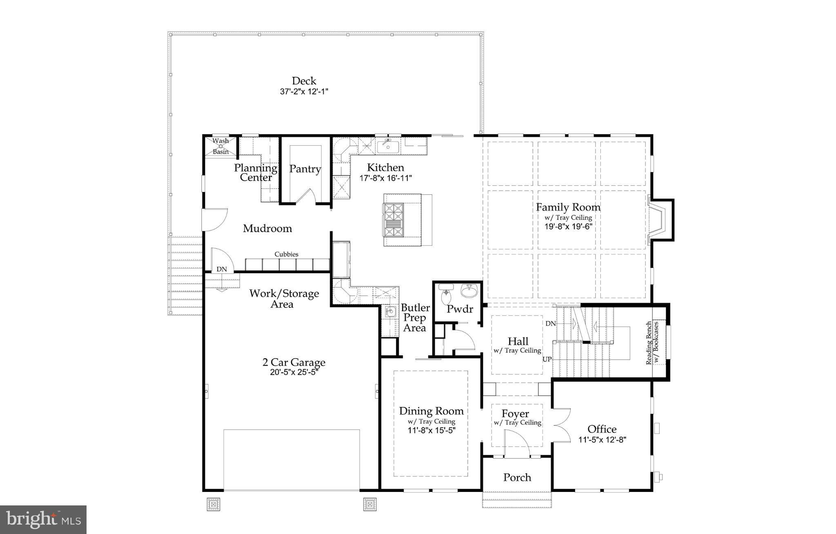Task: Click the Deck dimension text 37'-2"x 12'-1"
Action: point(304,91)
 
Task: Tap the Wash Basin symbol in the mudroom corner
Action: point(220,146)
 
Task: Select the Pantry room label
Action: point(305,169)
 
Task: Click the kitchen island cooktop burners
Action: point(394,220)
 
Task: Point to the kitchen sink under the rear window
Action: point(388,146)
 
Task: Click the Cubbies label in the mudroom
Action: point(286,254)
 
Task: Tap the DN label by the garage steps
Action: point(222,269)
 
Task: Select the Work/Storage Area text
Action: point(284,298)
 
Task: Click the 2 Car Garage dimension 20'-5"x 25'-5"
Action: point(293,372)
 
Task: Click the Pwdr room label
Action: point(460,309)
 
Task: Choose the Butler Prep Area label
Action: point(415,318)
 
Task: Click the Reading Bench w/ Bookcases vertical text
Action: point(652,343)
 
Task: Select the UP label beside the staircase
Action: point(547,360)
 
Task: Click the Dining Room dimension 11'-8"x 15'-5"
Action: point(431,430)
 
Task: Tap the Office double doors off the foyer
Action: point(562,425)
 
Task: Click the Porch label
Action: point(517,477)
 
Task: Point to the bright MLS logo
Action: point(43,519)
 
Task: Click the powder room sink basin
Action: point(470,291)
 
